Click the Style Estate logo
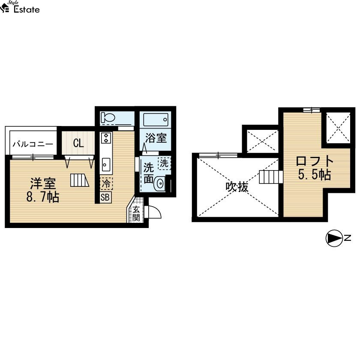pyautogui.click(x=20, y=7)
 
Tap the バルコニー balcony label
pyautogui.click(x=33, y=144)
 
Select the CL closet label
pyautogui.click(x=78, y=143)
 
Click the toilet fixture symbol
pyautogui.click(x=108, y=117)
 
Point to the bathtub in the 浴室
pyautogui.click(x=156, y=120)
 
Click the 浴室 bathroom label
pyautogui.click(x=156, y=138)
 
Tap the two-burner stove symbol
pyautogui.click(x=106, y=138)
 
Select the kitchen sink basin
pyautogui.click(x=106, y=165)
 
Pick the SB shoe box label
pyautogui.click(x=105, y=197)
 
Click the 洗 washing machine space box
pyautogui.click(x=164, y=163)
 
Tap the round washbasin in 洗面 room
pyautogui.click(x=160, y=183)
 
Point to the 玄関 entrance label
pyautogui.click(x=136, y=213)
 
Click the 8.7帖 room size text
pyautogui.click(x=43, y=197)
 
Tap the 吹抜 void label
pyautogui.click(x=237, y=187)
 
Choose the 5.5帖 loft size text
pyautogui.click(x=315, y=175)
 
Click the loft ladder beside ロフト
pyautogui.click(x=271, y=177)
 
